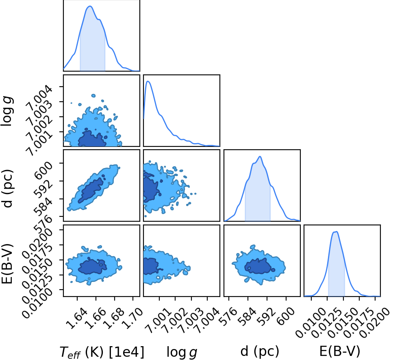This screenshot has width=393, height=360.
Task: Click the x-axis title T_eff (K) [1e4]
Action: (x=102, y=352)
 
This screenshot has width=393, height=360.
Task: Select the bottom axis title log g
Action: (x=182, y=352)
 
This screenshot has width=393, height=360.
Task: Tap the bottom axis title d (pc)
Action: (x=260, y=351)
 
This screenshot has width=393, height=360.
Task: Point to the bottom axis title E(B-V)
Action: (x=340, y=351)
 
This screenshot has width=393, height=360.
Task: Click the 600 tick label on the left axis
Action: (x=43, y=170)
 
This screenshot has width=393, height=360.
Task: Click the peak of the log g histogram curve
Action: (x=148, y=81)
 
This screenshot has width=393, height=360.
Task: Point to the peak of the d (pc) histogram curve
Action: (x=260, y=157)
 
